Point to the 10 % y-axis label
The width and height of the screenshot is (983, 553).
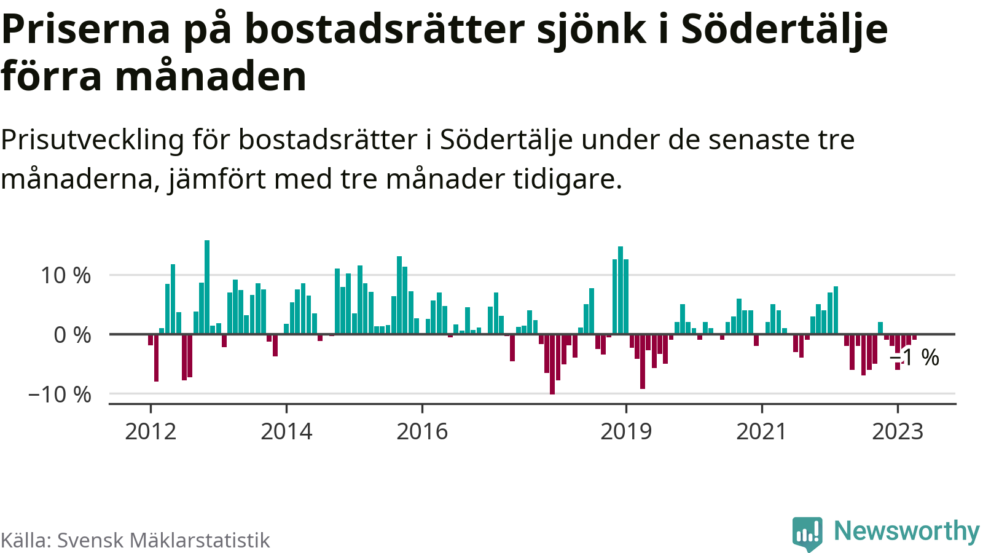point(66,276)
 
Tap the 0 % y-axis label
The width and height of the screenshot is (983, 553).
point(72,335)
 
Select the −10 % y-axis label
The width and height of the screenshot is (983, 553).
point(60,394)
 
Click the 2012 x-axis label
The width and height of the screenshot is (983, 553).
point(151,431)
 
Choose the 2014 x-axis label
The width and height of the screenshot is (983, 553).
point(286,431)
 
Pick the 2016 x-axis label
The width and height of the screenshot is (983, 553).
point(422,431)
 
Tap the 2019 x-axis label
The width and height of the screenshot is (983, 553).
point(626,431)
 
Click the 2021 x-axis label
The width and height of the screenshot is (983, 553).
point(762,431)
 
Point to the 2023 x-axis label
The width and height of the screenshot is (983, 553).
point(898,431)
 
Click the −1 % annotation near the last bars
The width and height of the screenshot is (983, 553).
point(915,358)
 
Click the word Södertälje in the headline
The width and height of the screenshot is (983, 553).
point(785,29)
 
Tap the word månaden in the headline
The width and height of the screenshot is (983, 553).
point(211,77)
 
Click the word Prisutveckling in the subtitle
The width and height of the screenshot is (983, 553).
point(92,140)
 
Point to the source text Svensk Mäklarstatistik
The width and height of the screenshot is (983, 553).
point(163,540)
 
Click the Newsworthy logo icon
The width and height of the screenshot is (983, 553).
point(807,533)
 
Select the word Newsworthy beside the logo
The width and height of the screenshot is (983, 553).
point(906,531)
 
